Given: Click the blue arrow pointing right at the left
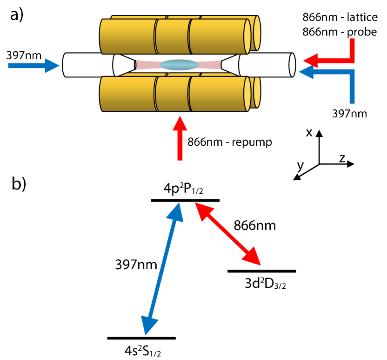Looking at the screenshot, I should [33, 66].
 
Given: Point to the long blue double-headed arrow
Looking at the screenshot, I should [162, 268].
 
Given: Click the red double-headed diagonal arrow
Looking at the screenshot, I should [227, 234].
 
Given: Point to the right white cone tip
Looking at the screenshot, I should [231, 65].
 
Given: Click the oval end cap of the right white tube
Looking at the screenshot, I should [292, 65].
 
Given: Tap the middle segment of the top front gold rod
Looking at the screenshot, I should [172, 36].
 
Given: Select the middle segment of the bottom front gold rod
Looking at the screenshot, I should [172, 94].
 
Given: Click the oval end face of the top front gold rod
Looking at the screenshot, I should [247, 36].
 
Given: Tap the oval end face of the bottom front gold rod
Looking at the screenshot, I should [247, 94].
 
